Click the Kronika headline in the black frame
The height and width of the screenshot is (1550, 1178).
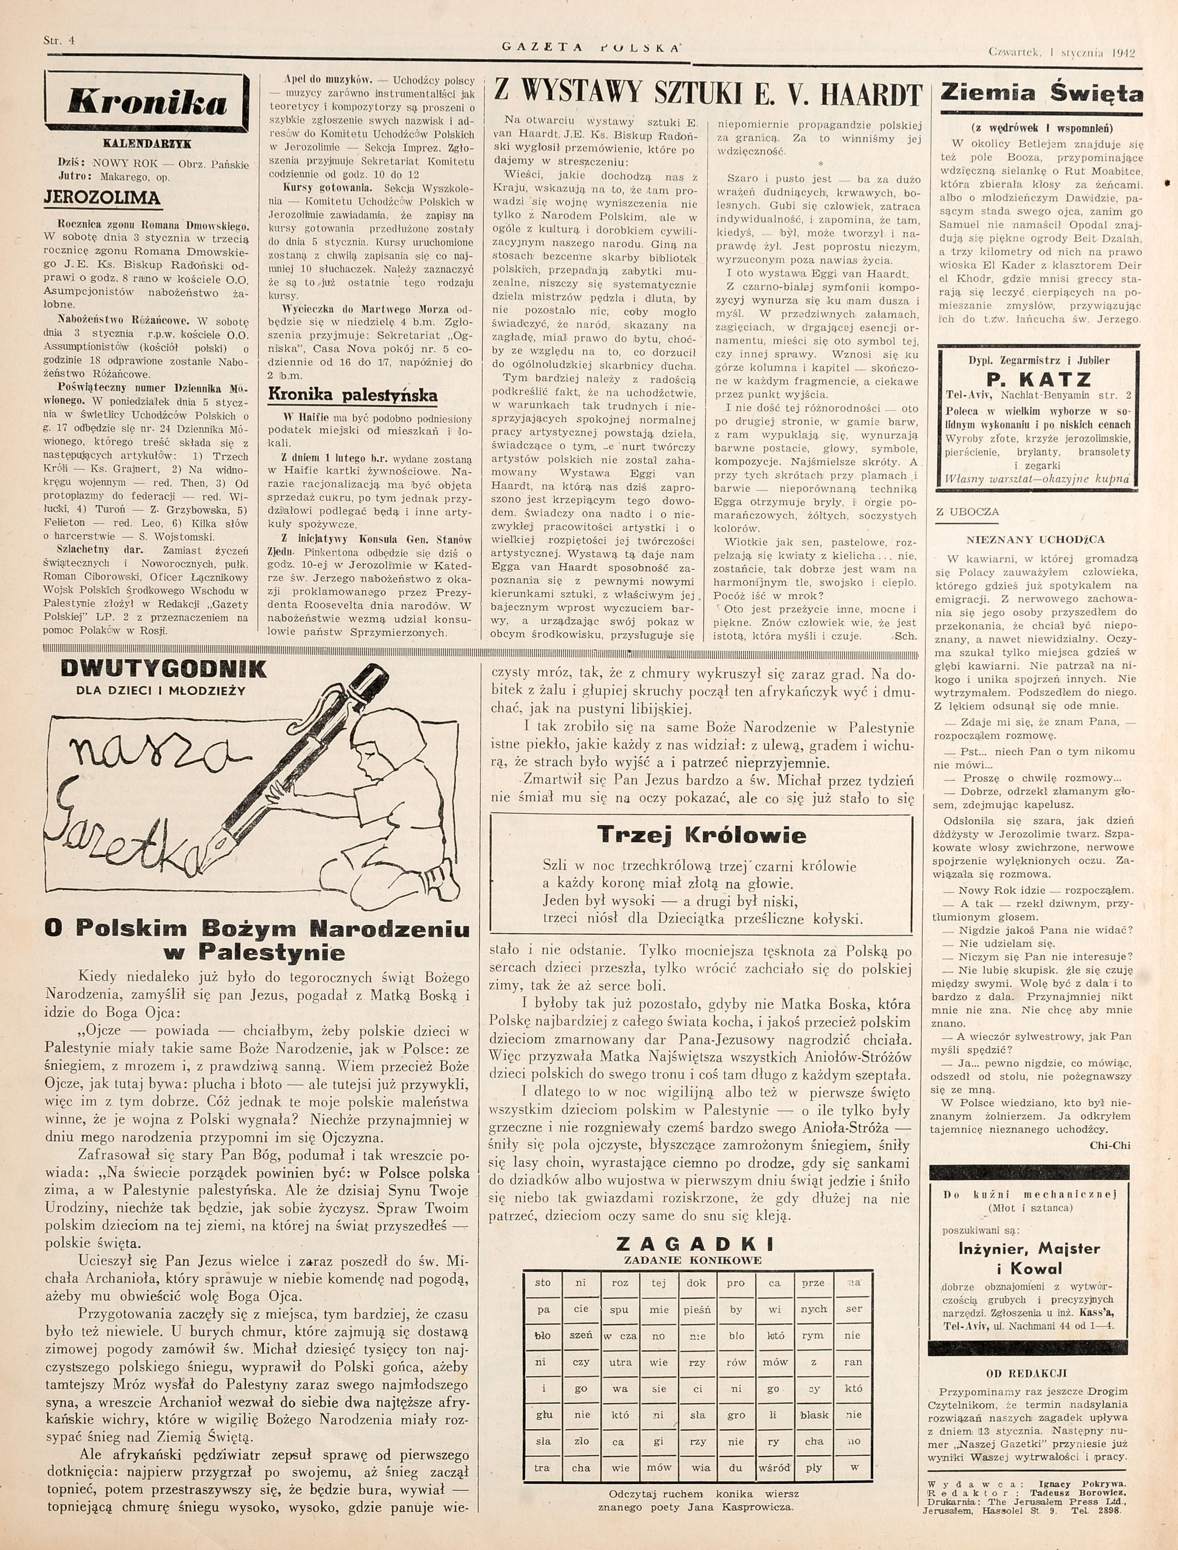[x=147, y=102]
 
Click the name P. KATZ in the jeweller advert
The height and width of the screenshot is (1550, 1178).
[x=1038, y=379]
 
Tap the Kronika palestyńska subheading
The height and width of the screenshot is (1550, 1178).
[x=353, y=395]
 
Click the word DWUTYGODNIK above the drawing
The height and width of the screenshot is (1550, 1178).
[x=164, y=670]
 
